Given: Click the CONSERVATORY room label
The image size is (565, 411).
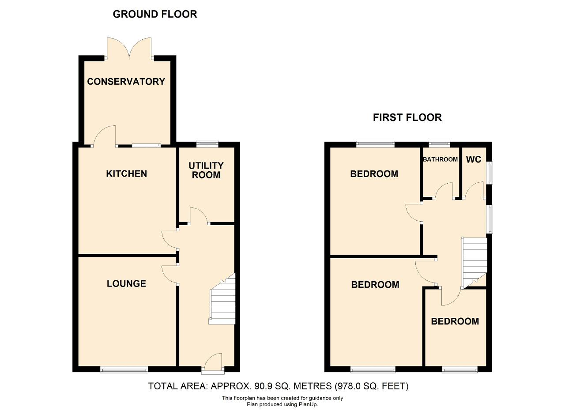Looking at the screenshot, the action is (126, 82).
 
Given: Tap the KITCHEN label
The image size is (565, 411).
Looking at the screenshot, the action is (126, 174).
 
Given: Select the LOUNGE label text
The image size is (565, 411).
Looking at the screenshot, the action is (126, 284).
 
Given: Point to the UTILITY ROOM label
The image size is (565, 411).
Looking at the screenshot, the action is (206, 170).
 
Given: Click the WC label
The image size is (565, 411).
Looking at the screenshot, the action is (474, 159).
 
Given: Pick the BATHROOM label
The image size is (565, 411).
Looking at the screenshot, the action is (440, 159).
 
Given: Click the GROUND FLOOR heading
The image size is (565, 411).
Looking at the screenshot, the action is (155, 14).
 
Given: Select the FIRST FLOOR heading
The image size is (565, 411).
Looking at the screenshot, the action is (407, 117).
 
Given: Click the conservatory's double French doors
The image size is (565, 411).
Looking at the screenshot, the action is (129, 49).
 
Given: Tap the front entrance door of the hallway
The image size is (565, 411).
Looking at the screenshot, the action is (213, 363).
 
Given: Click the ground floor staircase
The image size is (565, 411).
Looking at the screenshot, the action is (222, 299).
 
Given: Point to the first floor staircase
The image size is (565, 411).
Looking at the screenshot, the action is (474, 263).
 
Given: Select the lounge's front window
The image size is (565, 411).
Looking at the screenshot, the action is (124, 370).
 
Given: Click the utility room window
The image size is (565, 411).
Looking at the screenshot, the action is (207, 144).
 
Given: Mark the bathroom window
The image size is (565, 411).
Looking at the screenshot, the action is (439, 144).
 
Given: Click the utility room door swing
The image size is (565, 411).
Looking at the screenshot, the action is (199, 216).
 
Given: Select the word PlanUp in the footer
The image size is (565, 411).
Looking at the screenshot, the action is (309, 404).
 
